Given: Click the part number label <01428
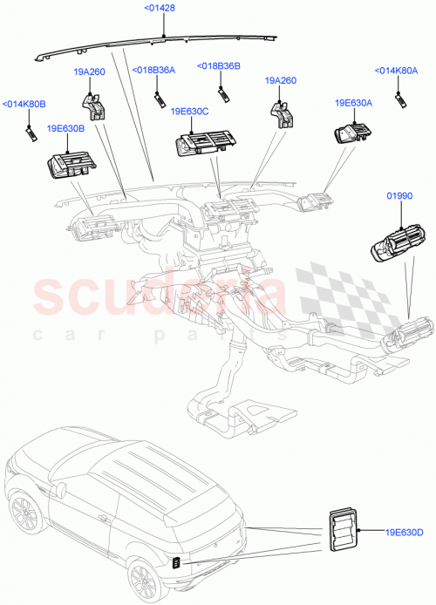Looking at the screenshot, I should pyautogui.click(x=161, y=10).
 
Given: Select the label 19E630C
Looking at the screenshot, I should pyautogui.click(x=191, y=112).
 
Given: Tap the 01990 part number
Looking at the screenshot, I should pyautogui.click(x=399, y=198).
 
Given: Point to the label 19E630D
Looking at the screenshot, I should pyautogui.click(x=404, y=532).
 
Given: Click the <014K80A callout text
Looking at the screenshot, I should pyautogui.click(x=396, y=71).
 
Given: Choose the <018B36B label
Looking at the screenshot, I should pyautogui.click(x=218, y=66).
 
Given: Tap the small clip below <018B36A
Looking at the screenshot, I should pyautogui.click(x=160, y=96).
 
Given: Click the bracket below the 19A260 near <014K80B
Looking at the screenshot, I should pyautogui.click(x=93, y=105).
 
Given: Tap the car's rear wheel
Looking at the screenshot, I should pyautogui.click(x=142, y=580).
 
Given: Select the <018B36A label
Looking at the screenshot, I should pyautogui.click(x=153, y=71).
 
